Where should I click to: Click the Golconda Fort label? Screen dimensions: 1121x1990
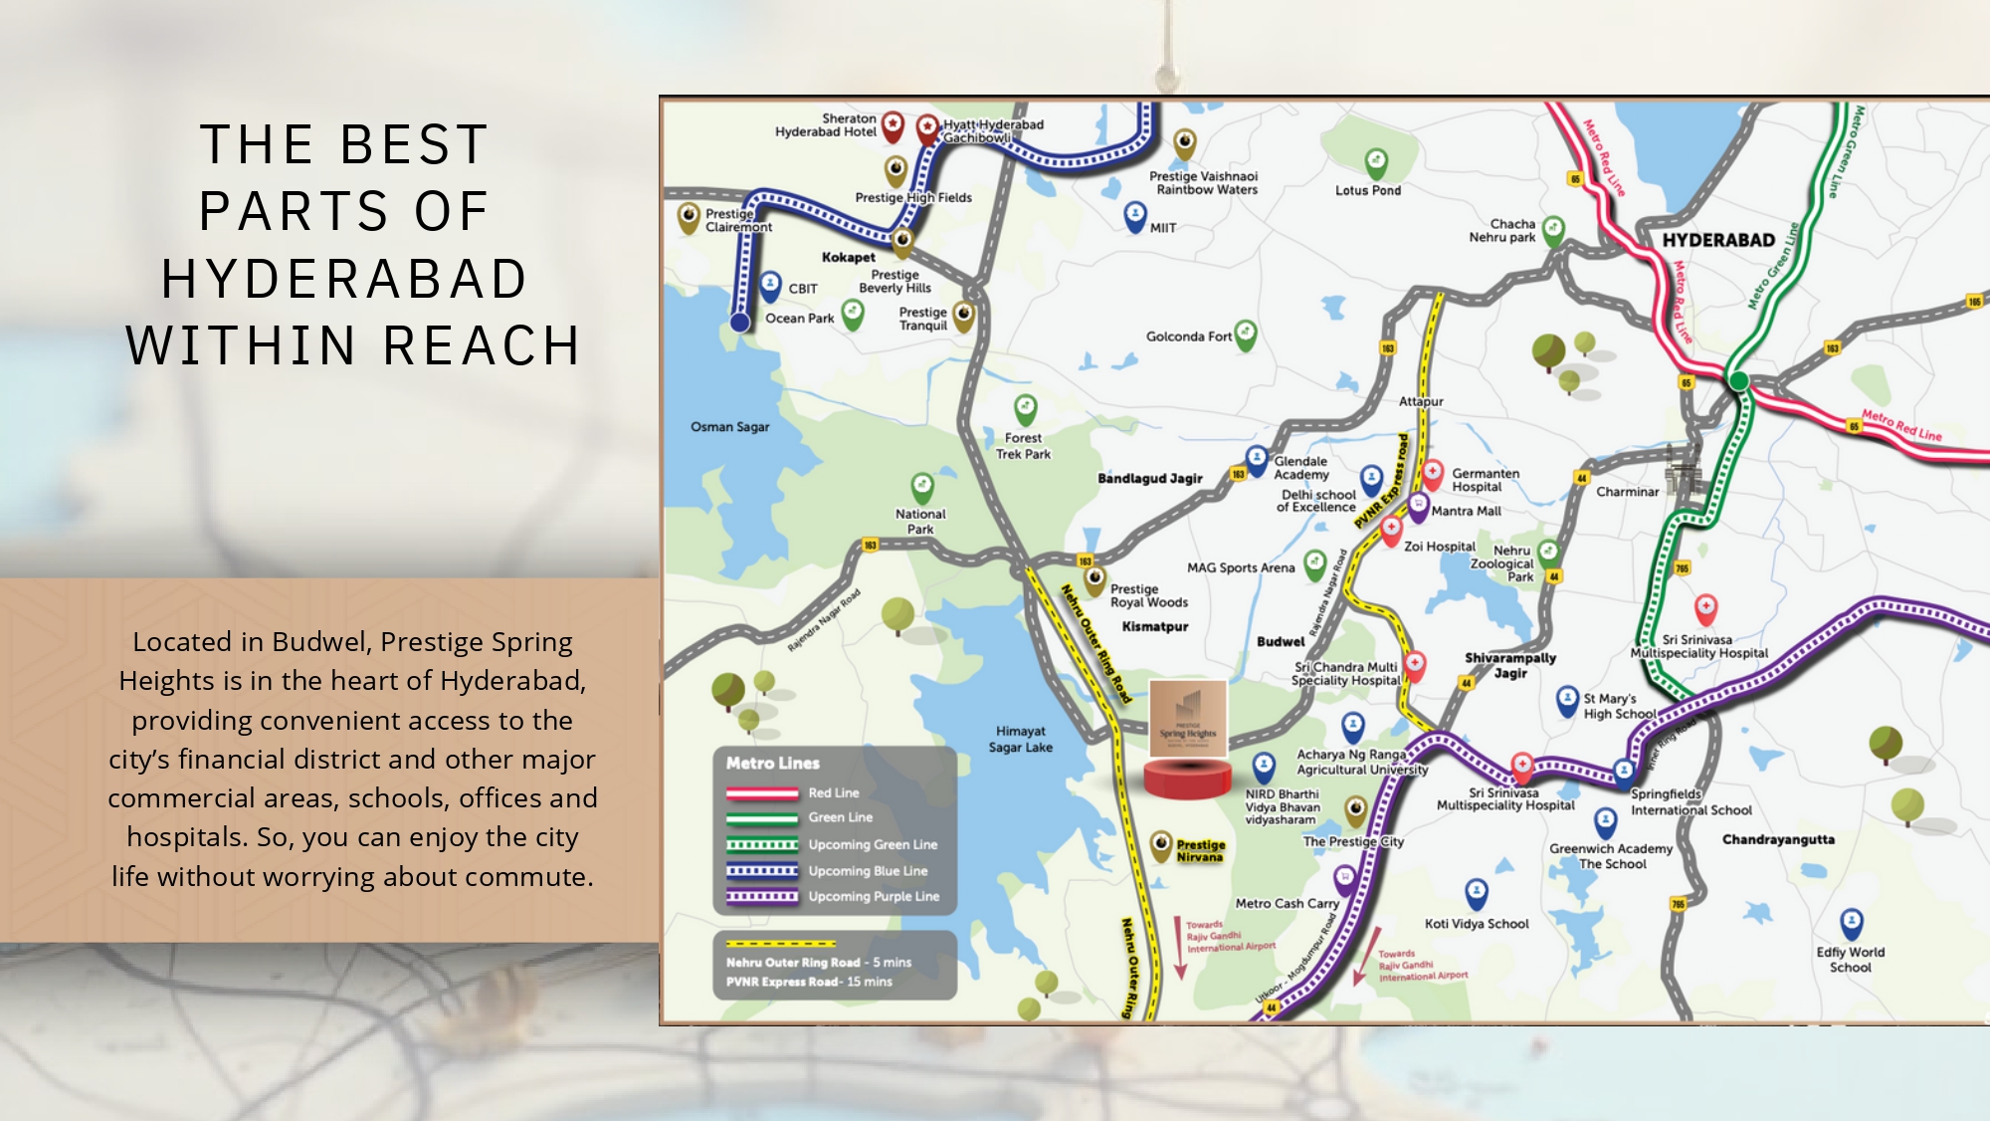click(1188, 336)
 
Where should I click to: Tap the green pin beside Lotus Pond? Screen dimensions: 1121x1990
click(1375, 162)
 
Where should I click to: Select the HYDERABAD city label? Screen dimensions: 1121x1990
click(1718, 240)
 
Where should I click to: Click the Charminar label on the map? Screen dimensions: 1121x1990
click(1627, 492)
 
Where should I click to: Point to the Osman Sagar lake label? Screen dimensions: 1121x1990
click(729, 427)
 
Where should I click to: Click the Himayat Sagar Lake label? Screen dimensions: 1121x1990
click(1020, 739)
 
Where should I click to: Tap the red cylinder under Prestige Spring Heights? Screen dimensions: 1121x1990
click(1187, 779)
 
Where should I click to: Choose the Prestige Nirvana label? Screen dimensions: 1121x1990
click(1200, 850)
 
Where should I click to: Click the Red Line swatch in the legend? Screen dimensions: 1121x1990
click(762, 793)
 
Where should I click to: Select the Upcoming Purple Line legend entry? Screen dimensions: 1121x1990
click(873, 896)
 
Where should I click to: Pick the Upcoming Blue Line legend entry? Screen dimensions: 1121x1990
click(868, 870)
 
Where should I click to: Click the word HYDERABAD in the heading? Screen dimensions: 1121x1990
click(344, 279)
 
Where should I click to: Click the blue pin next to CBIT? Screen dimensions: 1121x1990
click(770, 286)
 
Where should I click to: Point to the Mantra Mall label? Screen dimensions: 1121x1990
click(1466, 511)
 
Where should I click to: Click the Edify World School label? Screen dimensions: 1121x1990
click(1850, 960)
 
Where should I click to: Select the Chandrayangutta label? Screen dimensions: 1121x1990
click(1778, 839)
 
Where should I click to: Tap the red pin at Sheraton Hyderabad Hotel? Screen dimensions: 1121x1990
click(893, 125)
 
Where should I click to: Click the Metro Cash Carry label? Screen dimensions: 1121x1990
click(1287, 903)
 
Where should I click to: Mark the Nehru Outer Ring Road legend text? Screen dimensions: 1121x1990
click(793, 963)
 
